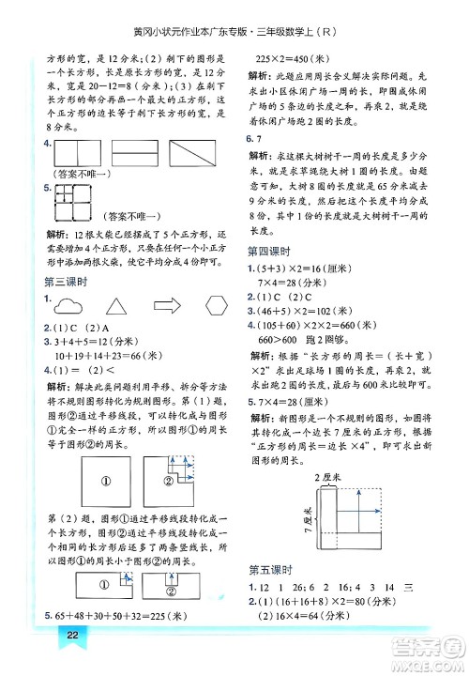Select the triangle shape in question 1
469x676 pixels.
pos(115,304)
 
